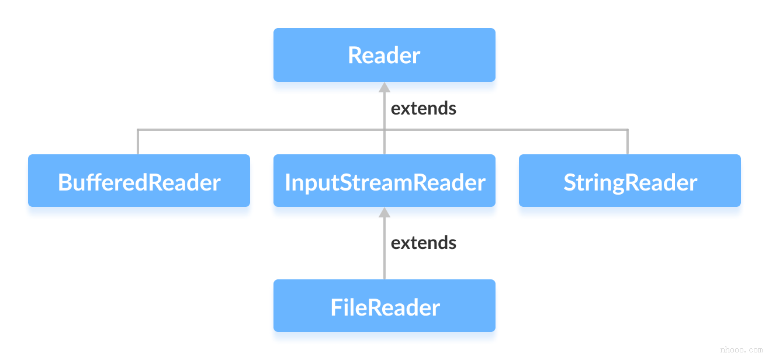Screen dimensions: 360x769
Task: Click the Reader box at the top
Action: click(384, 55)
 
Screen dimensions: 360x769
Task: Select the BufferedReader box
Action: click(139, 182)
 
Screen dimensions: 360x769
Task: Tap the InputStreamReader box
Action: click(384, 182)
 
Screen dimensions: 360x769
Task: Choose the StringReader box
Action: click(629, 182)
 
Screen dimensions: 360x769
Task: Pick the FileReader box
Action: click(384, 307)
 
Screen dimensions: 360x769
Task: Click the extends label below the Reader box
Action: click(423, 109)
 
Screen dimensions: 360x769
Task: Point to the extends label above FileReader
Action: click(423, 243)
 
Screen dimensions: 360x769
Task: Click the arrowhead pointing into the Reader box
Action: click(384, 88)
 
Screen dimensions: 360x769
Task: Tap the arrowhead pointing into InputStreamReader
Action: click(384, 213)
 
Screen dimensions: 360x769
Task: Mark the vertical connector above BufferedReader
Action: click(138, 142)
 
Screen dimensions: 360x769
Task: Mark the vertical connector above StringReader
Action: click(628, 142)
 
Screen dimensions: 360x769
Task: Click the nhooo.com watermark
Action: click(741, 349)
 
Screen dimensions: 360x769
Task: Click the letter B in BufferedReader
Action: click(64, 183)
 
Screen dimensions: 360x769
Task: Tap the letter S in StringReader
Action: click(570, 183)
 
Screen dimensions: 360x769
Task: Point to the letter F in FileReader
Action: click(336, 307)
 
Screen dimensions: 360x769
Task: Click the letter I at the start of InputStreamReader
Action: click(287, 183)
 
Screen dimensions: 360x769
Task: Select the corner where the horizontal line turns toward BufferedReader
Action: click(138, 130)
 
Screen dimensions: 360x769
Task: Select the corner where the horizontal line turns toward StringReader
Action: click(628, 130)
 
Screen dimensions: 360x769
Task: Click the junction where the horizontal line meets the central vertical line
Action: click(384, 130)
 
